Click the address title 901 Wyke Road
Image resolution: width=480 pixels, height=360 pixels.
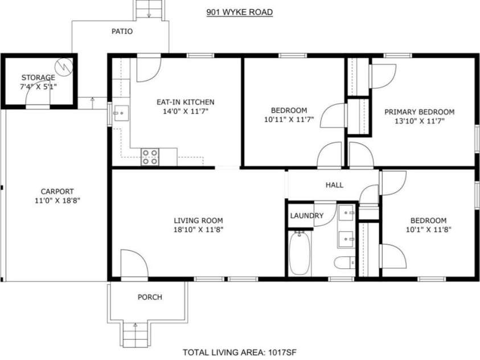point(239,11)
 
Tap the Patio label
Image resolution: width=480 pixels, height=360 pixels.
point(122,31)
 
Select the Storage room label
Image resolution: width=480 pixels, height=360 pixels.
point(38,77)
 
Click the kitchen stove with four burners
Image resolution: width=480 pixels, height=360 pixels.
point(150,157)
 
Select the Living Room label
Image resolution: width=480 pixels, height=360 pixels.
point(198,220)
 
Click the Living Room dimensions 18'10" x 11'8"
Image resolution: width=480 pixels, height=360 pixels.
point(198,230)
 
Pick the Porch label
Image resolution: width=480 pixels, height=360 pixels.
point(150,297)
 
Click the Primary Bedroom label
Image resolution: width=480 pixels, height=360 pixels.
point(419,112)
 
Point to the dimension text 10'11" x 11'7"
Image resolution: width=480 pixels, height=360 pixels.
point(289,120)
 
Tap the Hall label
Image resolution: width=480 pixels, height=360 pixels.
point(334,185)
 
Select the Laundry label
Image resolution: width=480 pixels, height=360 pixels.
point(306,216)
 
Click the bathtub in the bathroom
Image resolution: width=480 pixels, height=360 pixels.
point(300,253)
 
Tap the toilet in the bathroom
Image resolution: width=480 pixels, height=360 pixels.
point(343,264)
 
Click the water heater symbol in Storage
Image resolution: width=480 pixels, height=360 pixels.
point(66,66)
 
